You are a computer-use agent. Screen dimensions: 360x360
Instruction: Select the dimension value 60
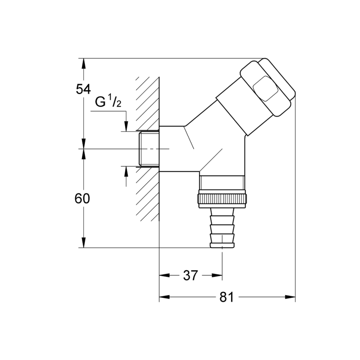tap(83, 199)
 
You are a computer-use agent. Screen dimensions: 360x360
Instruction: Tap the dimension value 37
tap(190, 275)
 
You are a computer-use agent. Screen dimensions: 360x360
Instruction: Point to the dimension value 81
tap(227, 297)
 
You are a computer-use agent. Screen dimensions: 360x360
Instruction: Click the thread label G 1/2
tap(108, 102)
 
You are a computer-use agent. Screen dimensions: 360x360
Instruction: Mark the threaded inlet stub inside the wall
tap(149, 149)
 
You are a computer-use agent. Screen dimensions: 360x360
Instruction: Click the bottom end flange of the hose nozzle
tap(222, 245)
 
